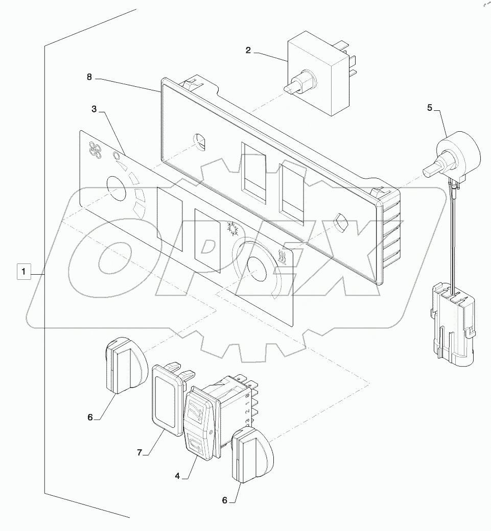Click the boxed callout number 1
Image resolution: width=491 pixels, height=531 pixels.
tap(23, 271)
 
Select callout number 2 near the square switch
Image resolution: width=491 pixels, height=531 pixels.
tap(248, 51)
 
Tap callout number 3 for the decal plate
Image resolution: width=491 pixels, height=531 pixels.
tap(95, 110)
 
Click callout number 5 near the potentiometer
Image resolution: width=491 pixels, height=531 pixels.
tap(430, 108)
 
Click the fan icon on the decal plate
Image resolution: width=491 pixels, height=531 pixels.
tap(95, 149)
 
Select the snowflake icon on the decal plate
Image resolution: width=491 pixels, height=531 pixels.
tap(230, 228)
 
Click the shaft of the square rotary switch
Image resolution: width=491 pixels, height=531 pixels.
tap(293, 87)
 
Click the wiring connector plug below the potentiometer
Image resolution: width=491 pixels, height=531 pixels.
tap(452, 324)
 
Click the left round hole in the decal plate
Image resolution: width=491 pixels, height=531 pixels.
tap(116, 187)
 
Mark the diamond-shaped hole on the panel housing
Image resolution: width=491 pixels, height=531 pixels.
tap(341, 223)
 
